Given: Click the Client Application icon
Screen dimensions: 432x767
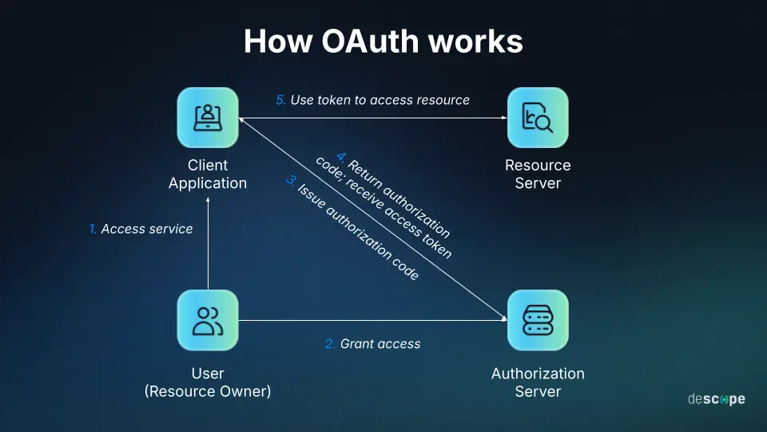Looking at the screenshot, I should (x=208, y=118).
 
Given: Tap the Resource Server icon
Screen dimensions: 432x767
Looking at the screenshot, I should (x=538, y=118).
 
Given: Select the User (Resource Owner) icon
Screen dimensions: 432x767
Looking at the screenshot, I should (x=208, y=320).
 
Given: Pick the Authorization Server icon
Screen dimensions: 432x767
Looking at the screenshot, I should (x=538, y=320).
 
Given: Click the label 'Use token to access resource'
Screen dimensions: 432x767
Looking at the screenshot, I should (x=380, y=100).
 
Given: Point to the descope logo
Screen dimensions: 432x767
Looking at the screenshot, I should (x=716, y=398).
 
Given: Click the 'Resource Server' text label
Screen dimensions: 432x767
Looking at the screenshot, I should (x=538, y=174).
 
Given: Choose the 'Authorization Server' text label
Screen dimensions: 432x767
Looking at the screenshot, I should (x=538, y=382).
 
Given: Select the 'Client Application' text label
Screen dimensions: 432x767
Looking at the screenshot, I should (x=208, y=174).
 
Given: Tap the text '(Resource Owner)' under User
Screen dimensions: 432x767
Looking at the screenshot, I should (x=208, y=391).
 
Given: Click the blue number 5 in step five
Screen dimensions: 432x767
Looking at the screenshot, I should (x=280, y=100).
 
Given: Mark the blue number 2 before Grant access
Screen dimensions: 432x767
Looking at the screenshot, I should (x=330, y=344).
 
